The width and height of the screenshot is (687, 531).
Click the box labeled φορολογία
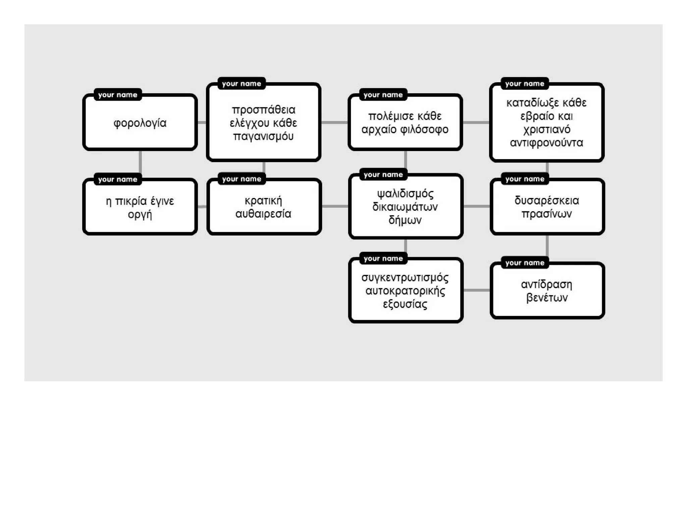[x=140, y=122]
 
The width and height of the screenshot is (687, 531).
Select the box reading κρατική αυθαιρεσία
[x=264, y=206]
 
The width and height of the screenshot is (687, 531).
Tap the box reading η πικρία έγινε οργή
[x=140, y=206]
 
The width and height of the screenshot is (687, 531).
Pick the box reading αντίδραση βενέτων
[x=547, y=290]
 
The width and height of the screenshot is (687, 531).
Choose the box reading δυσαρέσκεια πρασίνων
[x=547, y=206]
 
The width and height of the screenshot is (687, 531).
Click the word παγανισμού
[x=263, y=137]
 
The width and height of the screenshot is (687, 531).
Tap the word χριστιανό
[x=547, y=130]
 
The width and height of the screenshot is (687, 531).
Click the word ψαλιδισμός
[x=405, y=194]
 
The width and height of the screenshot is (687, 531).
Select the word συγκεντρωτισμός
[x=405, y=278]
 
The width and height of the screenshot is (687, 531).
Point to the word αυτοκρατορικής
[x=405, y=291]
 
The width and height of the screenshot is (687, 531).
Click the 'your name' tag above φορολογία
[x=118, y=95]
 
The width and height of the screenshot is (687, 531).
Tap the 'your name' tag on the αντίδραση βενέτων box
[x=525, y=263]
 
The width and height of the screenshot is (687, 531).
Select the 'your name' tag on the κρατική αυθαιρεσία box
[x=242, y=179]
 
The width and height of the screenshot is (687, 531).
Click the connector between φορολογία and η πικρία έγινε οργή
[x=140, y=164]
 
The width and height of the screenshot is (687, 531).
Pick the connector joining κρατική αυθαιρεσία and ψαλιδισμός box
[x=335, y=206]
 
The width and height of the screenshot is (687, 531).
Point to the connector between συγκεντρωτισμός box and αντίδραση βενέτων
[x=477, y=290]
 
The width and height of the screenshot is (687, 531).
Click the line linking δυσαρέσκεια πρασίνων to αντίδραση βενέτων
[x=547, y=248]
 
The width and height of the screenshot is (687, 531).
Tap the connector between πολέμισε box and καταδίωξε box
[x=476, y=122]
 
